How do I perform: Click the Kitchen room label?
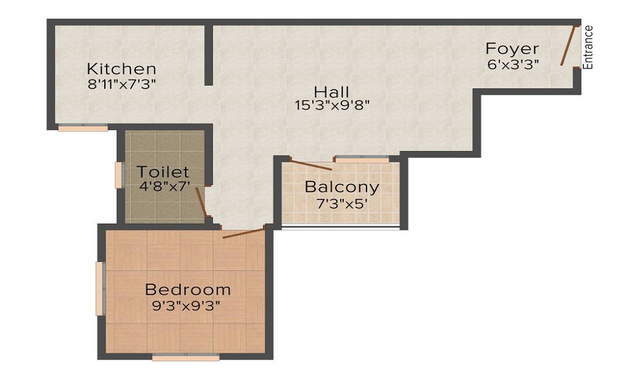(x=121, y=68)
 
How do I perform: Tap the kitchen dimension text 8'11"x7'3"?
(x=121, y=83)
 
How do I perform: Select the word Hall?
(x=331, y=92)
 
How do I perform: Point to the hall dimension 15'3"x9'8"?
(x=331, y=105)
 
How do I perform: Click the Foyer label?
(x=512, y=49)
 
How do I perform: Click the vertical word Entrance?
(x=588, y=47)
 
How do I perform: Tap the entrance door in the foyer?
(x=568, y=45)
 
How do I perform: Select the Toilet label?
(x=163, y=171)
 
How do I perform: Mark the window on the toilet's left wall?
(x=118, y=175)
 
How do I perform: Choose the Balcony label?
(x=342, y=187)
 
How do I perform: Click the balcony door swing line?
(x=311, y=164)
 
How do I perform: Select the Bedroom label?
(x=188, y=290)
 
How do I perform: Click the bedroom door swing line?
(x=243, y=233)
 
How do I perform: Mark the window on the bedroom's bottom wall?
(x=186, y=357)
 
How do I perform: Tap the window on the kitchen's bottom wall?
(x=83, y=128)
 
